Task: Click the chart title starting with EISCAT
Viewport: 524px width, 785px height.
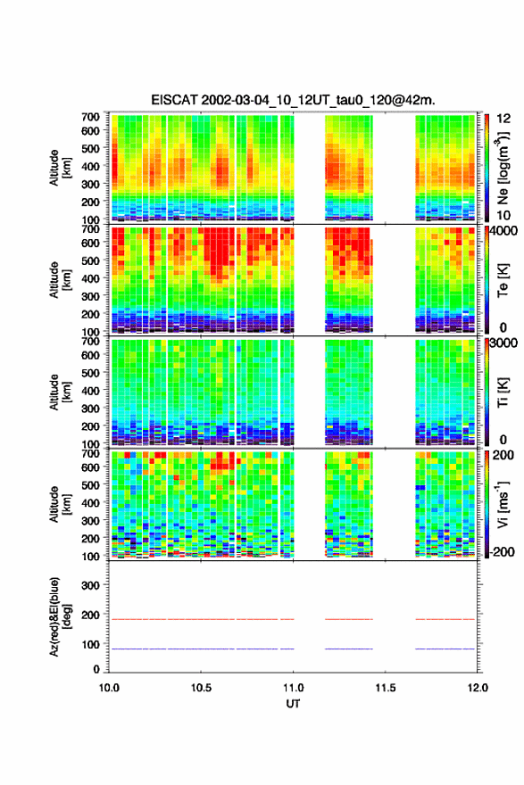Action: [x=293, y=100]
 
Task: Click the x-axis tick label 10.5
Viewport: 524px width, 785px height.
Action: [x=200, y=688]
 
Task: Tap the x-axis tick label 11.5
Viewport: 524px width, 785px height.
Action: [x=385, y=688]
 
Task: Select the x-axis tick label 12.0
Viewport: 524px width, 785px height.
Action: [x=478, y=688]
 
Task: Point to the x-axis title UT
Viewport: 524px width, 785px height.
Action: [x=293, y=704]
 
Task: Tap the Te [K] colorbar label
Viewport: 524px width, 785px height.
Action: [x=503, y=280]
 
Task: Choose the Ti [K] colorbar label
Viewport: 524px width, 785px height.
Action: [x=503, y=392]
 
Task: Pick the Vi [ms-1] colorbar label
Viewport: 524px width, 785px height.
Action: [x=503, y=504]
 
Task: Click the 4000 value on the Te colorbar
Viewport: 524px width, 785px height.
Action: [x=503, y=231]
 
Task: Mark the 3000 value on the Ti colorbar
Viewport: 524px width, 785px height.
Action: [x=503, y=343]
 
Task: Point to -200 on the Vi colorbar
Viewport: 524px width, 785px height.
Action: [x=502, y=551]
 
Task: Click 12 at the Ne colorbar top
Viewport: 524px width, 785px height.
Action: [x=503, y=119]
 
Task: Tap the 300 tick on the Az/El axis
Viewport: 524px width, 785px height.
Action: [x=90, y=585]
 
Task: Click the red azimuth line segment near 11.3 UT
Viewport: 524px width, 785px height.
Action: [x=349, y=619]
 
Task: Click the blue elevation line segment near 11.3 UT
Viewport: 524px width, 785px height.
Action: [x=349, y=649]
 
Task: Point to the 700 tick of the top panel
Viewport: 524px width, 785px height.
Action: [x=90, y=117]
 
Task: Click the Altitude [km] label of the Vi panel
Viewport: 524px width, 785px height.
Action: [x=60, y=504]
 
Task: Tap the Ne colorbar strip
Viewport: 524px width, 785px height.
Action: [x=487, y=168]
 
